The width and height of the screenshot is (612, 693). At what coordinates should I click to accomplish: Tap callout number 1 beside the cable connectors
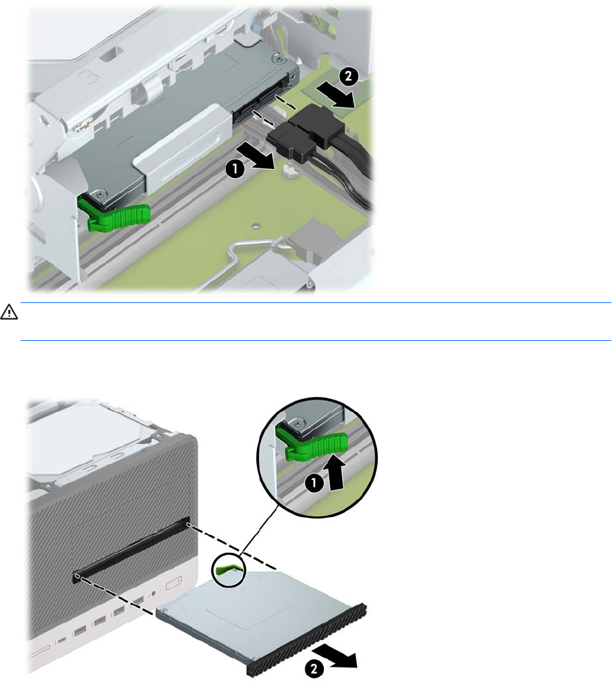click(x=235, y=168)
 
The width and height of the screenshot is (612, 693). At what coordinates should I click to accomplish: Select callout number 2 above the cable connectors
click(x=348, y=76)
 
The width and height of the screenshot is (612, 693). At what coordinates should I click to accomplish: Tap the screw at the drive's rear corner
click(x=277, y=58)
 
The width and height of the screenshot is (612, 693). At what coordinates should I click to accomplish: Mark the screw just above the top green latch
click(x=102, y=193)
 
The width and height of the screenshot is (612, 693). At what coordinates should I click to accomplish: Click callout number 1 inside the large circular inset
click(x=314, y=482)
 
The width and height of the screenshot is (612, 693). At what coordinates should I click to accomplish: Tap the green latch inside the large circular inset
click(x=312, y=443)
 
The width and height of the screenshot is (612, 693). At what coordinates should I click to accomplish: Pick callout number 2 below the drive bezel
click(x=313, y=668)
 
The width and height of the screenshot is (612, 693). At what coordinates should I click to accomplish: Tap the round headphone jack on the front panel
click(x=153, y=594)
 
